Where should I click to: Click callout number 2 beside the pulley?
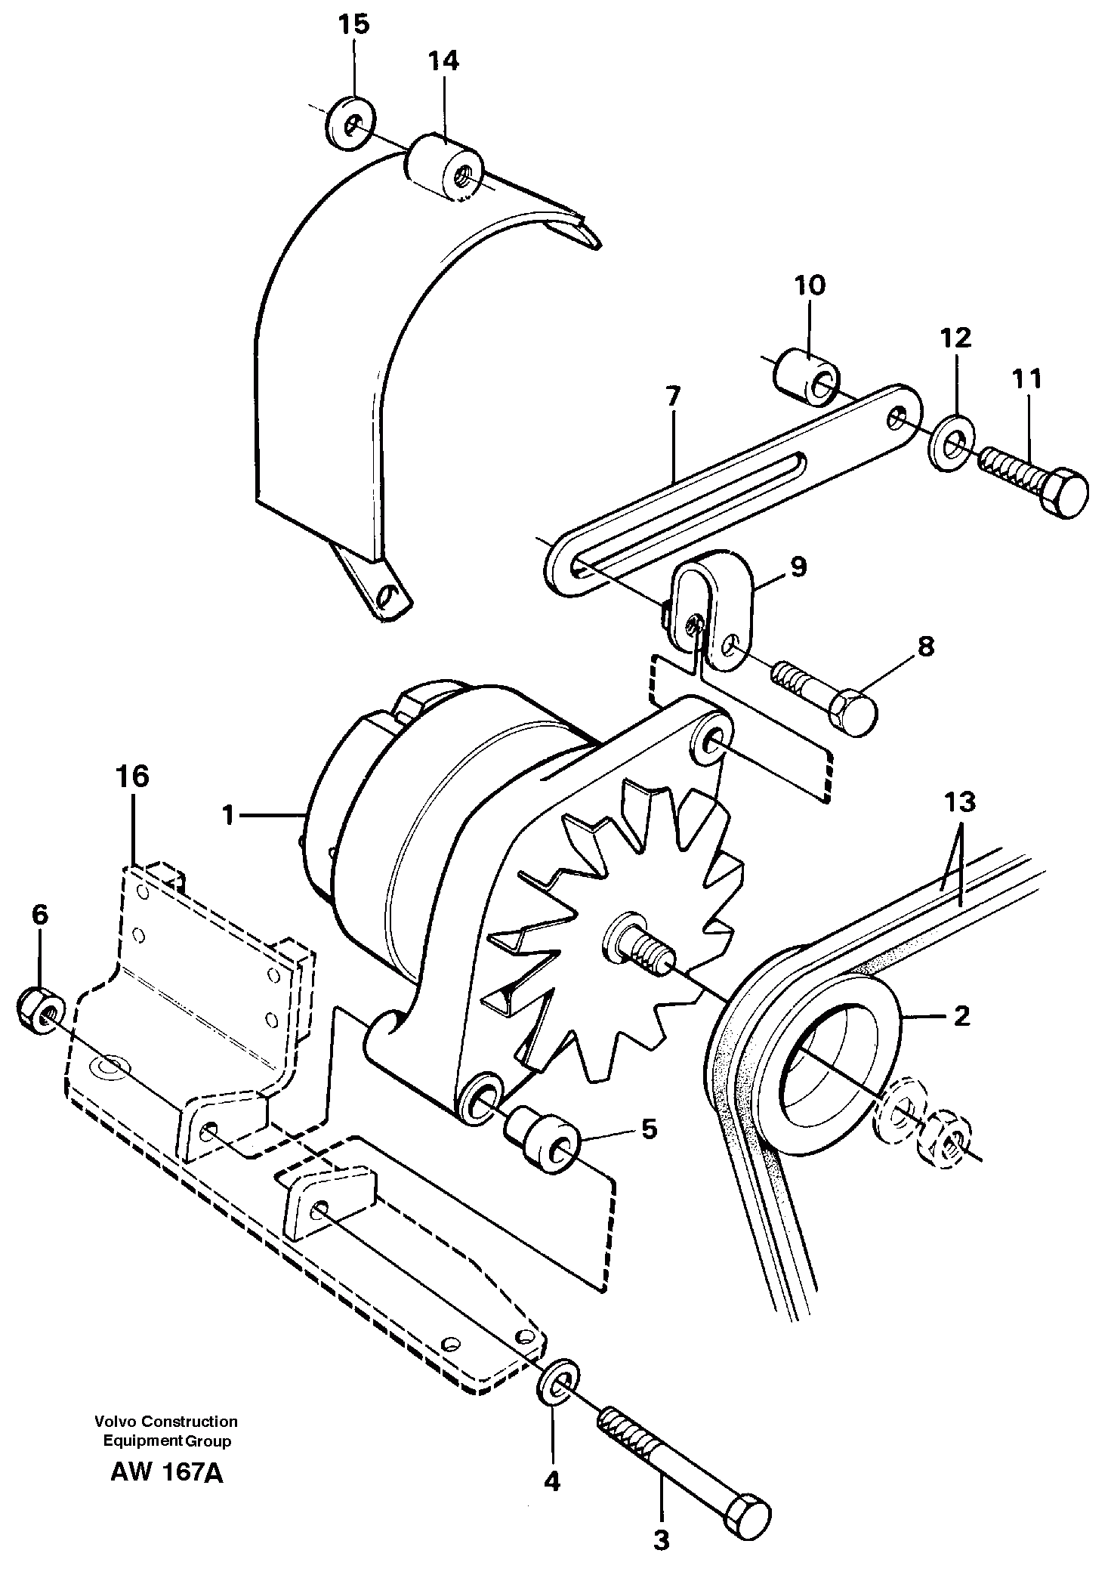tap(961, 1017)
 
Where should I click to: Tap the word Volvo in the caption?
tap(112, 1422)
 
